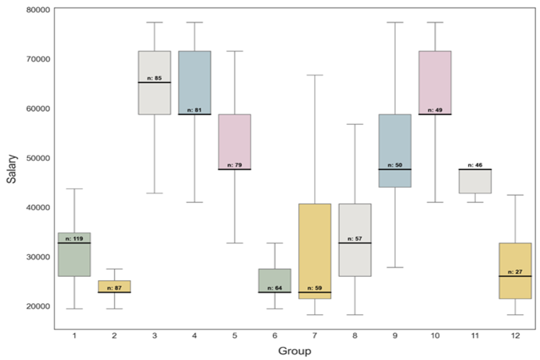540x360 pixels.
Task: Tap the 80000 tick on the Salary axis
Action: (35, 10)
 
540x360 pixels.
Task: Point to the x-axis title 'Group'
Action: (294, 350)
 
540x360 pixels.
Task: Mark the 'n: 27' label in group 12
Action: (515, 272)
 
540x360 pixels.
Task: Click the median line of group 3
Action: (154, 82)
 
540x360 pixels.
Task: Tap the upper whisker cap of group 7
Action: (314, 75)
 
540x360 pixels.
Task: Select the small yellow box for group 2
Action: (114, 286)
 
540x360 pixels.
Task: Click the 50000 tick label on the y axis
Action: (35, 157)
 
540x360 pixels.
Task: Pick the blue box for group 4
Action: (195, 82)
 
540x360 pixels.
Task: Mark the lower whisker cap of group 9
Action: (395, 267)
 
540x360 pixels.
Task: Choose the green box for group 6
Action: (274, 280)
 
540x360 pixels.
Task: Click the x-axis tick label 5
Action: (235, 335)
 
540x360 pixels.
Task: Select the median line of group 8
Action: (354, 243)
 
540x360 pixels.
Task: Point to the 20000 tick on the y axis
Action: (35, 306)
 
